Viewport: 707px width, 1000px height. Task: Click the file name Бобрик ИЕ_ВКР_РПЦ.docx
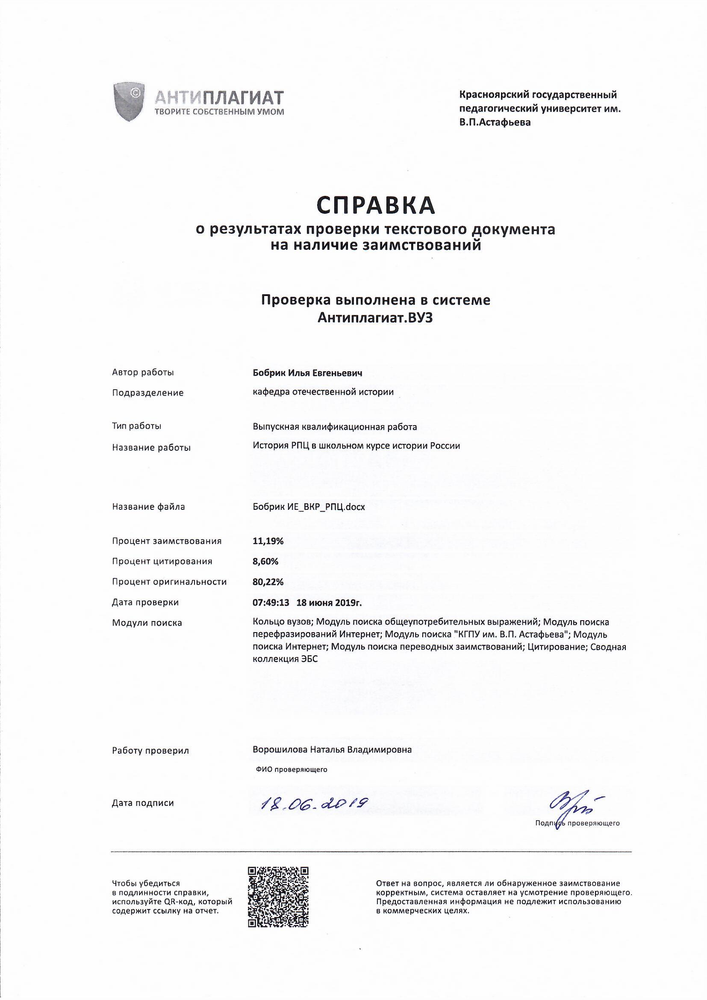click(x=309, y=507)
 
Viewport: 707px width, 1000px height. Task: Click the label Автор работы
click(x=143, y=373)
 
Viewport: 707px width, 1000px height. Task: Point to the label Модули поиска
click(x=147, y=623)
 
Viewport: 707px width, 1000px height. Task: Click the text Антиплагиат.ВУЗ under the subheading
click(x=376, y=318)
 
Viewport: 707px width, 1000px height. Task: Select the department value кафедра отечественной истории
click(x=324, y=392)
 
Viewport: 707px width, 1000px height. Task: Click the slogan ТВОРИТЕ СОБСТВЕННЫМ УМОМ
click(x=219, y=112)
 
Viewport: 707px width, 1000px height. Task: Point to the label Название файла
click(x=148, y=507)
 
